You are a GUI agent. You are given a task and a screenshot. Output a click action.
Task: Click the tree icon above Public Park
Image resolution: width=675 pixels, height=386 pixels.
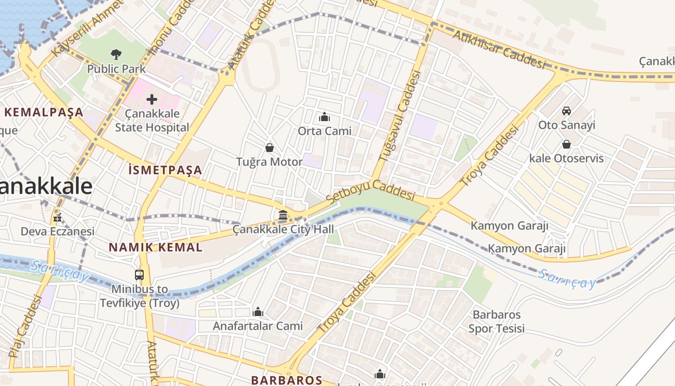pyautogui.click(x=116, y=54)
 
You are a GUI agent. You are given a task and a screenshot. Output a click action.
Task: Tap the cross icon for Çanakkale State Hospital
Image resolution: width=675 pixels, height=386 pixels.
pyautogui.click(x=152, y=100)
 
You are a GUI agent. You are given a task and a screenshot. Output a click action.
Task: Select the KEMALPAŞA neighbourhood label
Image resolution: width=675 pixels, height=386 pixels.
pyautogui.click(x=44, y=113)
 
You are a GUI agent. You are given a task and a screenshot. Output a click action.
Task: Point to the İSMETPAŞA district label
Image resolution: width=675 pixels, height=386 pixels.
pyautogui.click(x=165, y=170)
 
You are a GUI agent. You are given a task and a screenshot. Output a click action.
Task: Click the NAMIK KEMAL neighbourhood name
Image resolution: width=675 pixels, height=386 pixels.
pyautogui.click(x=155, y=248)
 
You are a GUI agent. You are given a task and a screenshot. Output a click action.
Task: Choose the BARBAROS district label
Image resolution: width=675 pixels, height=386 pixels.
pyautogui.click(x=286, y=380)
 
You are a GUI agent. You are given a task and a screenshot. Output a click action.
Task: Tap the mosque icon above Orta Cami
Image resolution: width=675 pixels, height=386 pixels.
pyautogui.click(x=324, y=117)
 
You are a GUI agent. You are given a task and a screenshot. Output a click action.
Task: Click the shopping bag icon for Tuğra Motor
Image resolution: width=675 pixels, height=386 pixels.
pyautogui.click(x=270, y=148)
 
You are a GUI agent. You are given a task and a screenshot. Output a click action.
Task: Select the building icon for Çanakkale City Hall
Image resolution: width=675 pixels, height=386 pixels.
pyautogui.click(x=283, y=215)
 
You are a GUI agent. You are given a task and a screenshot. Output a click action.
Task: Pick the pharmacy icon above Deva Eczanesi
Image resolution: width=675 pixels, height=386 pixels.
pyautogui.click(x=57, y=218)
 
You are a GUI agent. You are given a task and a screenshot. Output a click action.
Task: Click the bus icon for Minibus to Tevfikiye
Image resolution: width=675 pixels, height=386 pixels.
pyautogui.click(x=139, y=275)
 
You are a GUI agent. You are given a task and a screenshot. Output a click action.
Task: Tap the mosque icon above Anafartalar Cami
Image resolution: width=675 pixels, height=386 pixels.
pyautogui.click(x=258, y=312)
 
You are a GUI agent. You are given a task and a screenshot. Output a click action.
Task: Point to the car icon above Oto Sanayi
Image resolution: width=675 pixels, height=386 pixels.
pyautogui.click(x=567, y=110)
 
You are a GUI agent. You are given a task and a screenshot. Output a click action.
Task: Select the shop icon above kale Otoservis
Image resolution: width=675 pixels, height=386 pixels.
pyautogui.click(x=567, y=144)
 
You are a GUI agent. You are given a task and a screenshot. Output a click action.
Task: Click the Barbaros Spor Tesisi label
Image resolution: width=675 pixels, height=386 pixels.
pyautogui.click(x=496, y=322)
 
